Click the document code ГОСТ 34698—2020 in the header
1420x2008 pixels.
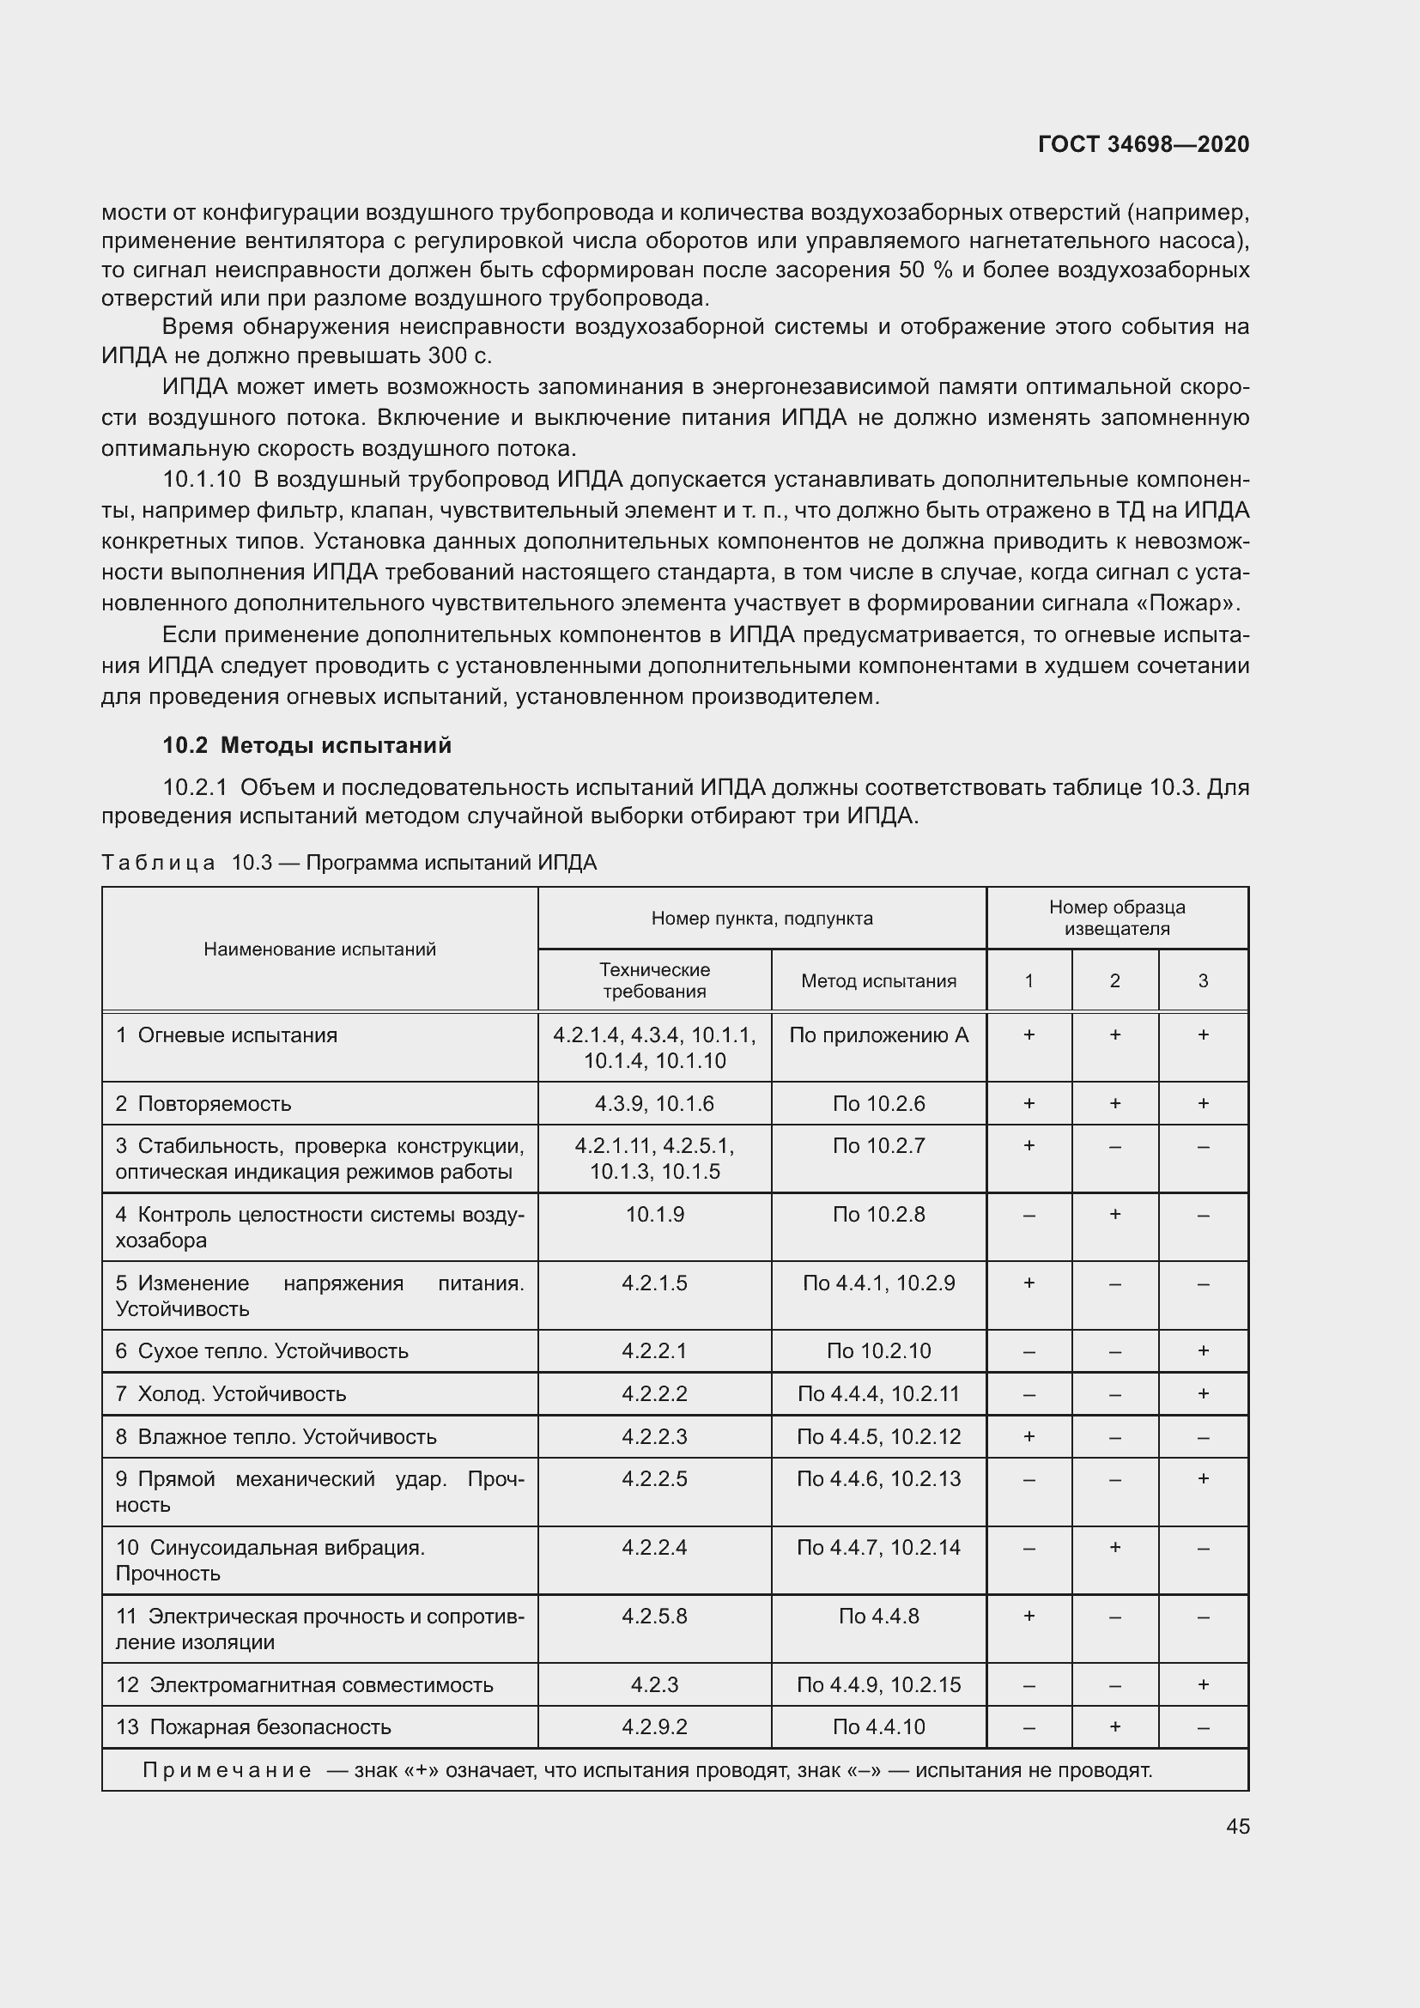tap(1143, 144)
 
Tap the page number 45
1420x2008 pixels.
tap(1237, 1826)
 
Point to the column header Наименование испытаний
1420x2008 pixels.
tap(319, 949)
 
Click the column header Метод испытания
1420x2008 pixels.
tap(878, 980)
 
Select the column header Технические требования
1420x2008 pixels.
tap(654, 980)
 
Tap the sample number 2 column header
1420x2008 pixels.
tap(1115, 980)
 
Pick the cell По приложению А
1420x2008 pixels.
tap(878, 1034)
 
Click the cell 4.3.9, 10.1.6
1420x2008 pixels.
tap(654, 1103)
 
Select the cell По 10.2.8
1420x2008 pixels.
tap(878, 1214)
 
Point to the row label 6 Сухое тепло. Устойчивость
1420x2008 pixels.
tap(262, 1350)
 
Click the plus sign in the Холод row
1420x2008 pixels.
tap(1203, 1393)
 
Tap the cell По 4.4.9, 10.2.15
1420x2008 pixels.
tap(878, 1684)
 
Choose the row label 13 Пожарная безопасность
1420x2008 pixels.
tap(252, 1726)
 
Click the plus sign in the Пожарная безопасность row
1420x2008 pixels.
tap(1115, 1726)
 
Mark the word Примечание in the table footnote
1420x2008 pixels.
tap(227, 1770)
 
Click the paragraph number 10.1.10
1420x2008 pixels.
tap(201, 479)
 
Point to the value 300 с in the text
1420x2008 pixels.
tap(460, 356)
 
